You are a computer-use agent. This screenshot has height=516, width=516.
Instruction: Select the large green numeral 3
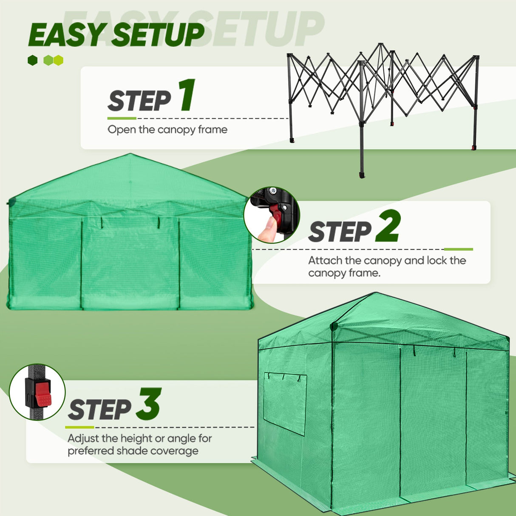click(x=148, y=404)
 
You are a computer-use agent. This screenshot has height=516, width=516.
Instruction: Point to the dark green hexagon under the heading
click(x=33, y=60)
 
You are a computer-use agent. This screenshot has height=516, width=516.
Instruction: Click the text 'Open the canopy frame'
click(x=167, y=130)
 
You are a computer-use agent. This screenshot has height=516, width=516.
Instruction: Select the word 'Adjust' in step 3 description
click(x=83, y=438)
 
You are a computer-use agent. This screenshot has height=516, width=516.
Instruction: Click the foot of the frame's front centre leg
click(x=362, y=175)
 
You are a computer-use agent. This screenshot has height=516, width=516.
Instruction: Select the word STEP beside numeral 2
click(x=340, y=232)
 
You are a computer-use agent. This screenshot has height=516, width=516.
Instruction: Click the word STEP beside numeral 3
click(x=99, y=410)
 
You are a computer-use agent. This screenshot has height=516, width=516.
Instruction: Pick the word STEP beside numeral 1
click(x=139, y=101)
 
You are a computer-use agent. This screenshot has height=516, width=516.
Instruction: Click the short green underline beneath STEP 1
click(x=122, y=118)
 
